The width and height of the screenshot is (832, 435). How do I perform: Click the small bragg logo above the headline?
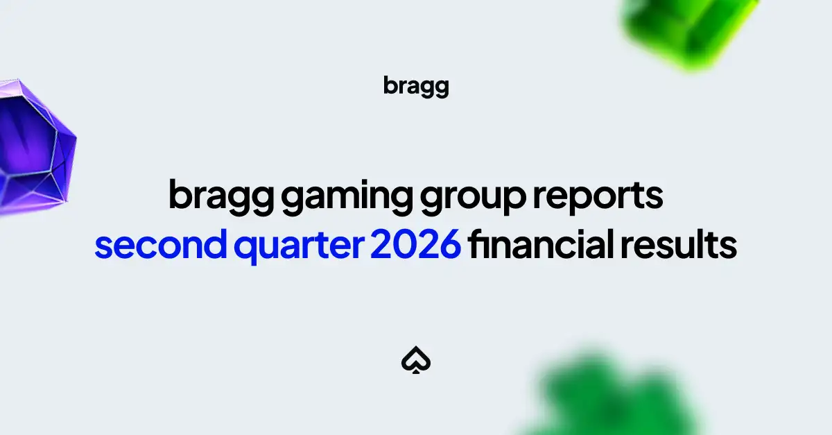[416, 87]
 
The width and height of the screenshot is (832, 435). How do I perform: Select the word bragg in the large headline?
[221, 197]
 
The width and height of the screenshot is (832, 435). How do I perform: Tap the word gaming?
[347, 197]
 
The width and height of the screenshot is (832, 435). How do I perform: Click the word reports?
[598, 197]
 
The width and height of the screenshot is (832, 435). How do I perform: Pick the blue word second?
[160, 244]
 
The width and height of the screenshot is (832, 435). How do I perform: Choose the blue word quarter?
[299, 246]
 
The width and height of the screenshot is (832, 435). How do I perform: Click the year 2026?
[416, 244]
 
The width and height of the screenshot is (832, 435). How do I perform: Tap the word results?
[679, 244]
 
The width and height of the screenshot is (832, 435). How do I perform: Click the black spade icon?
[416, 360]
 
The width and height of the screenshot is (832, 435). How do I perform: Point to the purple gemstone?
[35, 147]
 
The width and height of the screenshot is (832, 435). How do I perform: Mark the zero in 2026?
[405, 244]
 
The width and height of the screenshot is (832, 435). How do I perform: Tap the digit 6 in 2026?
[450, 244]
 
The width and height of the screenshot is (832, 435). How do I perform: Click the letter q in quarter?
[245, 248]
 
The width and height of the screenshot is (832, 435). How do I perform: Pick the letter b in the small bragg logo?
[390, 85]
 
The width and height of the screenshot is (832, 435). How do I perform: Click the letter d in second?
[214, 244]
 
